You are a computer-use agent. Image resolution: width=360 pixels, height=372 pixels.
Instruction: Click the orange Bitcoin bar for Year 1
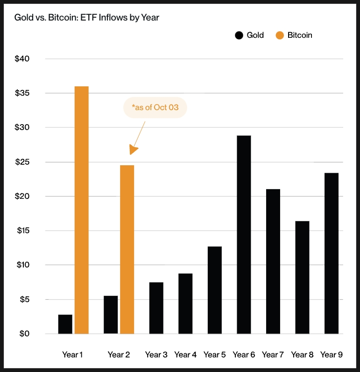click(81, 210)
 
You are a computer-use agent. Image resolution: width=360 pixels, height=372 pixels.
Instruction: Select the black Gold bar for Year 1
click(65, 324)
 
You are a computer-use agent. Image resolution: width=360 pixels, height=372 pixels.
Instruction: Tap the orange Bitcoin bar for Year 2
click(127, 249)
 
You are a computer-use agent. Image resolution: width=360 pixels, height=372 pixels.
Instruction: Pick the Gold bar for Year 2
click(111, 315)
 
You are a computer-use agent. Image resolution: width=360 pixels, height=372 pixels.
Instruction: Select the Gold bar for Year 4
click(185, 303)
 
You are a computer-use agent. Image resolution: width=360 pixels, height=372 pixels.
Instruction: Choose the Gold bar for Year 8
click(302, 277)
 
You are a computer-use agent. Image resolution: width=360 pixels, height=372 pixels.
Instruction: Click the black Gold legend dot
click(240, 35)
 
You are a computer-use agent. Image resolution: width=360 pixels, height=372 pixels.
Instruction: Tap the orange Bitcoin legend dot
click(280, 35)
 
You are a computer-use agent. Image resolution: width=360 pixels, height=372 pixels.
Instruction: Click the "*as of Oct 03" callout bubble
click(155, 108)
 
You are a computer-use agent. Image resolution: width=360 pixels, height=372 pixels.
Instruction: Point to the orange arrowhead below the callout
click(134, 150)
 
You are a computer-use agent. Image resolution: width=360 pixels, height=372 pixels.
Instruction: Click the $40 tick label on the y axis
click(22, 59)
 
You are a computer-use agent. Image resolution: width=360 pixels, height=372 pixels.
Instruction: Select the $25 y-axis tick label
click(22, 162)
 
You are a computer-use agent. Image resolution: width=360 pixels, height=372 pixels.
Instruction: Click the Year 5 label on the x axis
click(214, 355)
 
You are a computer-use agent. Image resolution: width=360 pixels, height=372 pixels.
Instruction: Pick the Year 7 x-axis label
click(273, 355)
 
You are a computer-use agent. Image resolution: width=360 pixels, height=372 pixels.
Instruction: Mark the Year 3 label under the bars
click(156, 355)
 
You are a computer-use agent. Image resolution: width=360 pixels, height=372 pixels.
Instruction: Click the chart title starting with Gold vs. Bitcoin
click(87, 18)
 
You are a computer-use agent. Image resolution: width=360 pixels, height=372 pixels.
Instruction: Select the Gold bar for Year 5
click(214, 290)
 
